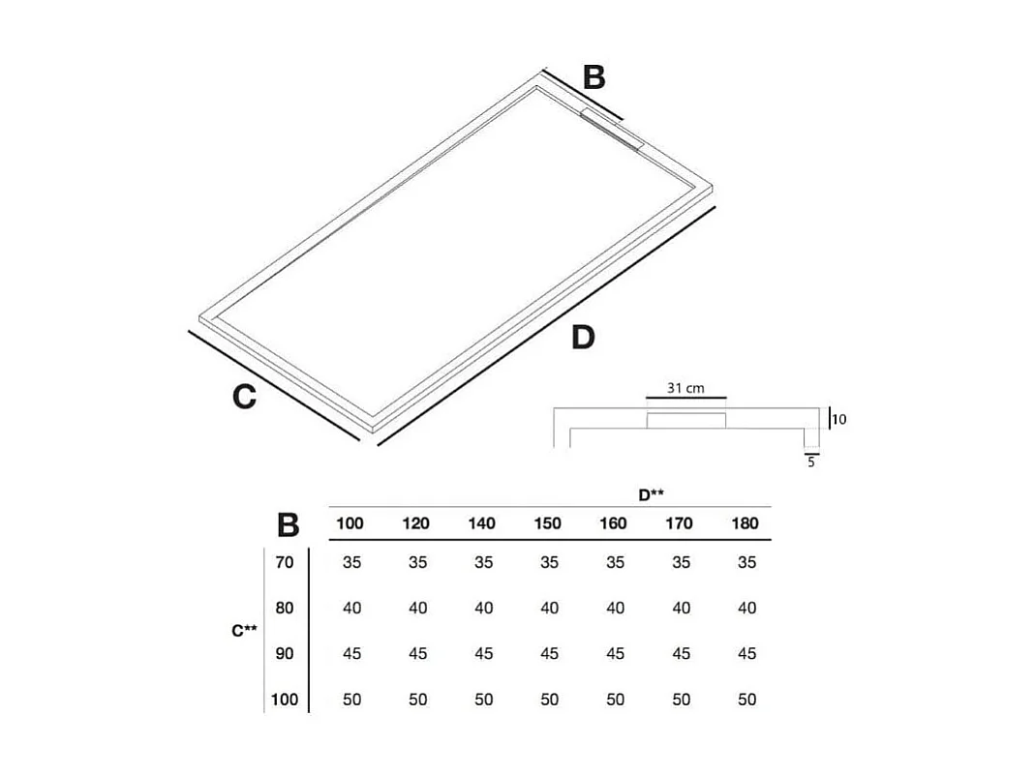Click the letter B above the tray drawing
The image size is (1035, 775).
pos(594,77)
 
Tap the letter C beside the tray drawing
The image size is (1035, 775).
pos(244,397)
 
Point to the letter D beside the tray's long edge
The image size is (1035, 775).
pos(582,339)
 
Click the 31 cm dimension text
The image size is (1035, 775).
pos(685,388)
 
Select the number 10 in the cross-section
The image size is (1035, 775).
pos(839,420)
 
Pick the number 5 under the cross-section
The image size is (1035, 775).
pos(811,463)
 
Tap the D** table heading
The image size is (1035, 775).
pos(651,494)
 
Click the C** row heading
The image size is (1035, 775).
pos(244,631)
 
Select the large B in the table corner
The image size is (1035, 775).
pos(288,525)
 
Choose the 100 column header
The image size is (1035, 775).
pos(350,523)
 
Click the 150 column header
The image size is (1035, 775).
pos(547,523)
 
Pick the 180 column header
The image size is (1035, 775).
pos(746,523)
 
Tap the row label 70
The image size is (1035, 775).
pos(284,562)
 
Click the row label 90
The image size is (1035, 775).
pos(284,654)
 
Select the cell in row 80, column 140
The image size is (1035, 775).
pos(483,609)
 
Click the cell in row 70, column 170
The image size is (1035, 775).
pos(681,562)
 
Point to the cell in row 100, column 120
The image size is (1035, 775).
pos(417,700)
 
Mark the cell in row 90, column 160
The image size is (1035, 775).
pos(615,654)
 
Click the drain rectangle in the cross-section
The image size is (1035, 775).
pos(686,419)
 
